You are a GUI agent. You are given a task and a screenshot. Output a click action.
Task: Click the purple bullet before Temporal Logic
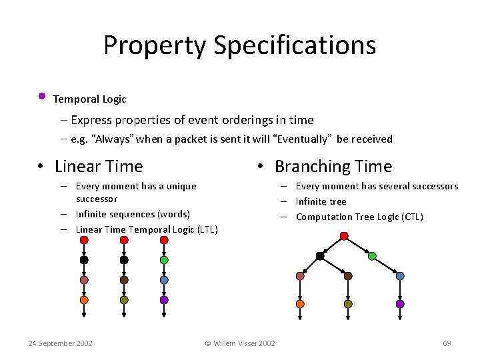coord(41,96)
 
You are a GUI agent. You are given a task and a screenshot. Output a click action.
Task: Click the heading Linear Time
coord(99,167)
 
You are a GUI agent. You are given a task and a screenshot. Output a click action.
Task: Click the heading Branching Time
coord(333,167)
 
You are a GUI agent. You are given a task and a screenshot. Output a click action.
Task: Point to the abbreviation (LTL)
coord(204,229)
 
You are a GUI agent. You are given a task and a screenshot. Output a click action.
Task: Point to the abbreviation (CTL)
coord(409,217)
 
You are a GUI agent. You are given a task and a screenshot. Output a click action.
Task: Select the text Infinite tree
coord(321,201)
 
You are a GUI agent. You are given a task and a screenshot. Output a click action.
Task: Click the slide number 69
coord(447,343)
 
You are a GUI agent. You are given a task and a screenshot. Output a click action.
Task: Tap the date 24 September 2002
coord(60,343)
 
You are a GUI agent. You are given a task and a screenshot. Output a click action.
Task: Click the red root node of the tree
coord(344,236)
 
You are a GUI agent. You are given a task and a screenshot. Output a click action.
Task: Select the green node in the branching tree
coord(372,256)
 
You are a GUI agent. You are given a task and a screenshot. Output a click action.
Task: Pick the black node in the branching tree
coord(320,256)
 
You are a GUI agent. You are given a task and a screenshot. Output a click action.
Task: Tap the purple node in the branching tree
coord(400,304)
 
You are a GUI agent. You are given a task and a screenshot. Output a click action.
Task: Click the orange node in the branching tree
coord(300,304)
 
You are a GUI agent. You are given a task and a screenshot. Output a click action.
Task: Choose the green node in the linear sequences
coord(164,260)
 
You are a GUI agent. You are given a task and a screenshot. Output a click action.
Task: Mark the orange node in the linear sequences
coord(84,300)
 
